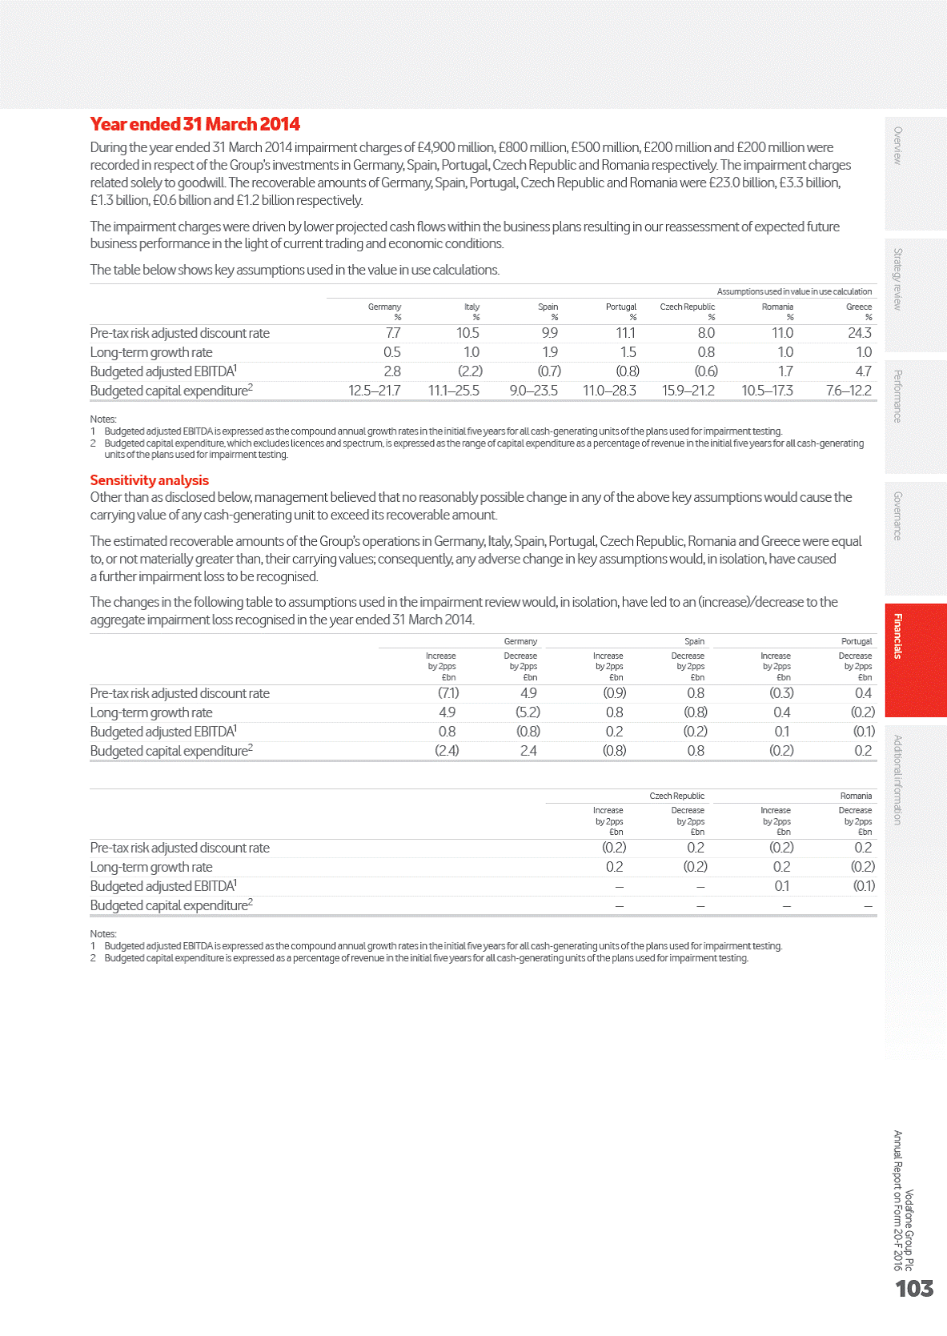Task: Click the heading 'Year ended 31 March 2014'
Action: pyautogui.click(x=195, y=124)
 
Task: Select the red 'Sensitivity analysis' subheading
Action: pyautogui.click(x=149, y=480)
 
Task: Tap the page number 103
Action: pyautogui.click(x=914, y=1289)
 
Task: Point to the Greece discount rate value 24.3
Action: pyautogui.click(x=860, y=333)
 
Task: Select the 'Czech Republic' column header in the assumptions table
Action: pyautogui.click(x=687, y=307)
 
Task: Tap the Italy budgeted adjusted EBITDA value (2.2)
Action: pyautogui.click(x=470, y=371)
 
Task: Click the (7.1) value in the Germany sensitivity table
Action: pyautogui.click(x=447, y=693)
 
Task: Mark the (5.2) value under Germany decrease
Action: pyautogui.click(x=528, y=712)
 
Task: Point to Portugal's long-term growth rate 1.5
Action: pyautogui.click(x=628, y=352)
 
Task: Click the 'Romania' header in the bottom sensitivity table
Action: pyautogui.click(x=856, y=796)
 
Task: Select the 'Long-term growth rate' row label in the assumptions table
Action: pyautogui.click(x=151, y=352)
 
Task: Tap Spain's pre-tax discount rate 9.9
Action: pyautogui.click(x=549, y=333)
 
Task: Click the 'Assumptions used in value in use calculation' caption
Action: pyautogui.click(x=794, y=291)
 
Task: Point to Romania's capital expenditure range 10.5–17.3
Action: pyautogui.click(x=767, y=391)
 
